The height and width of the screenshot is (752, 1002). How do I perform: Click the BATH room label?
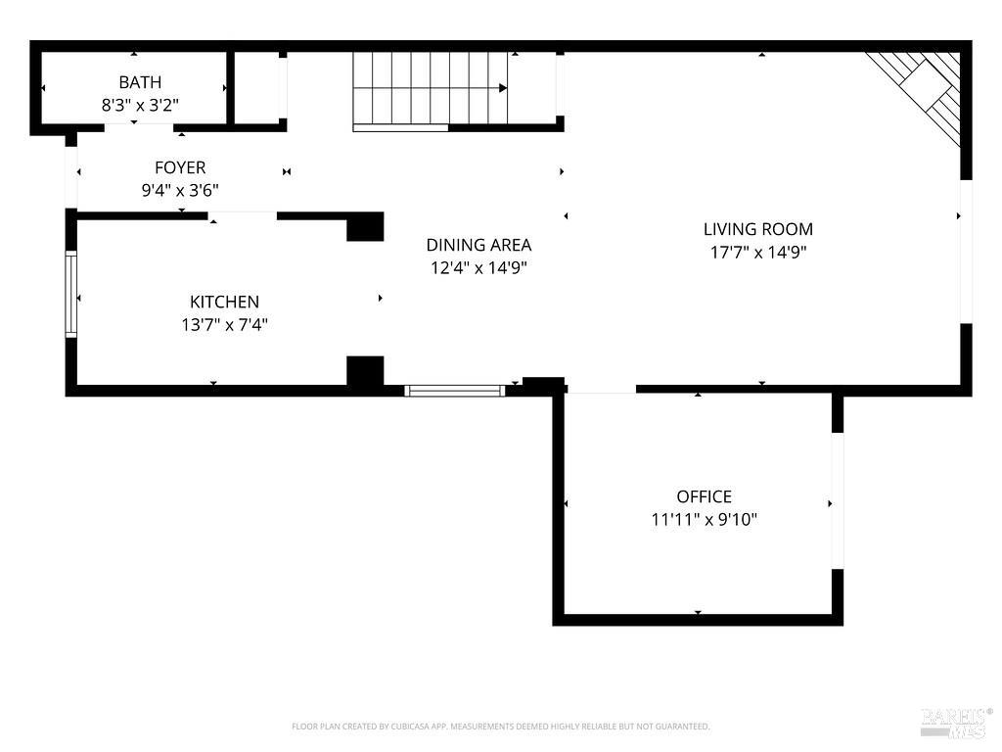pos(140,82)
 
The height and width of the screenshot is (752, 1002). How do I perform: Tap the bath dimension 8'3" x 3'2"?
pos(140,105)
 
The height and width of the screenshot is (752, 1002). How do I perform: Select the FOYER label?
pos(180,167)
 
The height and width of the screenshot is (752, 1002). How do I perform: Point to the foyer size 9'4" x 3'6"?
pos(180,190)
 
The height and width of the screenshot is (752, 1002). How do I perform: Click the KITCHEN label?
pos(224,302)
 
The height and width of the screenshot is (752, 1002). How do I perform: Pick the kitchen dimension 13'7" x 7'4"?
pos(224,324)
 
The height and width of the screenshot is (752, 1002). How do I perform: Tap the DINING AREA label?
pos(478,245)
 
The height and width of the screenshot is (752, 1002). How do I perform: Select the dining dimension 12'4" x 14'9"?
pos(478,267)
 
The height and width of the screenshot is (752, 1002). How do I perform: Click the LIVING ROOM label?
pos(758,229)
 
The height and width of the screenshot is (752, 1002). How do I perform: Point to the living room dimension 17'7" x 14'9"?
pos(758,252)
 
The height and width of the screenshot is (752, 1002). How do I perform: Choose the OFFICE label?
pos(705,496)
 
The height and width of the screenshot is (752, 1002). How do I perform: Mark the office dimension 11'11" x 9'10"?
pos(705,519)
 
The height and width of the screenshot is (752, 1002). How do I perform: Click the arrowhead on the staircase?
pos(504,87)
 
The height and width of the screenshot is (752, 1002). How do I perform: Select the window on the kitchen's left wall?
pos(70,294)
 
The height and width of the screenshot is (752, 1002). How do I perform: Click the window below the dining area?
pos(455,391)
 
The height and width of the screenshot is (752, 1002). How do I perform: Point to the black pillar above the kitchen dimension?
pos(365,226)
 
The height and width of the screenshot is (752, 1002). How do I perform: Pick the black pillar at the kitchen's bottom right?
pos(365,371)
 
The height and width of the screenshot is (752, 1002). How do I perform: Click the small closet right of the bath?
pos(257,87)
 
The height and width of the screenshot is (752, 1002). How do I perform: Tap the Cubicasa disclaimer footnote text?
pos(500,727)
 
